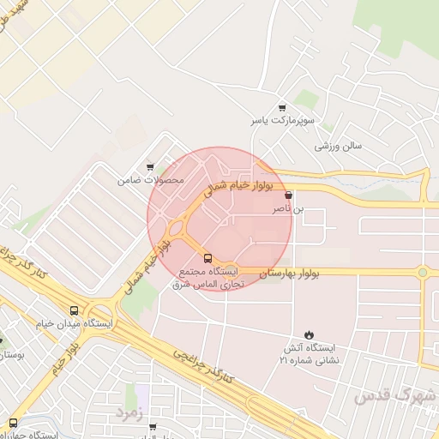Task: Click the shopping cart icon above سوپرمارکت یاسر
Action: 282,108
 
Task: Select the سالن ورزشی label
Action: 338,146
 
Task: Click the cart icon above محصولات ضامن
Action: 151,168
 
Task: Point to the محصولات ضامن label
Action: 151,181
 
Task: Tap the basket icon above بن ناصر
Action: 287,195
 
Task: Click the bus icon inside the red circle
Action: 207,258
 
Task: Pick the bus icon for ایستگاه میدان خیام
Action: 75,310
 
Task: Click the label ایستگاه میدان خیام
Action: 75,323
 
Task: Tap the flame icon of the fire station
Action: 309,334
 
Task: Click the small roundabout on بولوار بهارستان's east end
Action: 422,273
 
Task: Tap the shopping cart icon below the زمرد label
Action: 153,426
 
